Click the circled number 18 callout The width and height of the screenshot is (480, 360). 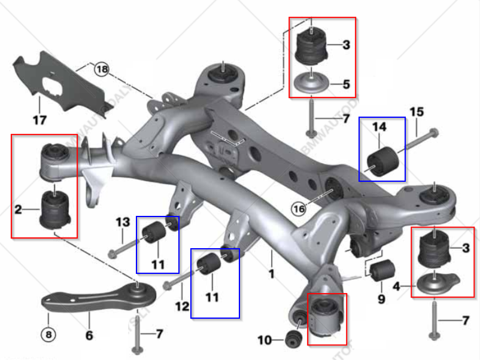point(102,69)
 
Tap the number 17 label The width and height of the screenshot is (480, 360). point(39,120)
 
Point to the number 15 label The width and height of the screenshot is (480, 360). point(417,112)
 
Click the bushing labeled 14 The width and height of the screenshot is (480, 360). point(382,157)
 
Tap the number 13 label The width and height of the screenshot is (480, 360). point(123,222)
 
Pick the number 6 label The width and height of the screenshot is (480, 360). point(89,335)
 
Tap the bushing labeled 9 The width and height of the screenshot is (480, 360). point(381,271)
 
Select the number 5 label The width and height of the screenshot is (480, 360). point(346,84)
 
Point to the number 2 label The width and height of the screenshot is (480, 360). point(18,209)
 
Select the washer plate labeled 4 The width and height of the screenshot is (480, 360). point(436,283)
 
